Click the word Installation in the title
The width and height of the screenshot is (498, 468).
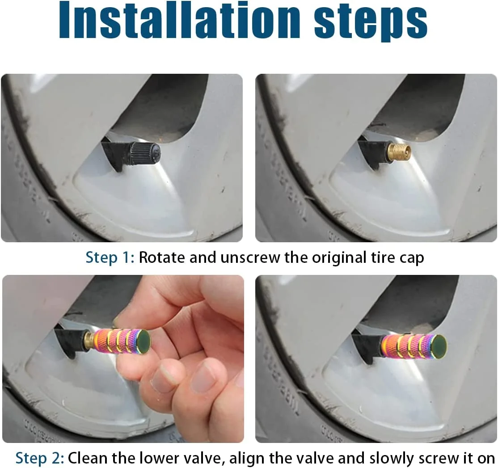pyautogui.click(x=179, y=20)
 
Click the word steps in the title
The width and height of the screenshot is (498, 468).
pyautogui.click(x=371, y=23)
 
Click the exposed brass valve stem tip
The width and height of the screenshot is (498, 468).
pyautogui.click(x=400, y=150)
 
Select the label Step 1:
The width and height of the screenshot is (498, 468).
pyautogui.click(x=110, y=257)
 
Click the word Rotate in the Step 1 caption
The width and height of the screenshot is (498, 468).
pyautogui.click(x=162, y=257)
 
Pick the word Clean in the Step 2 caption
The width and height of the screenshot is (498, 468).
pyautogui.click(x=87, y=458)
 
